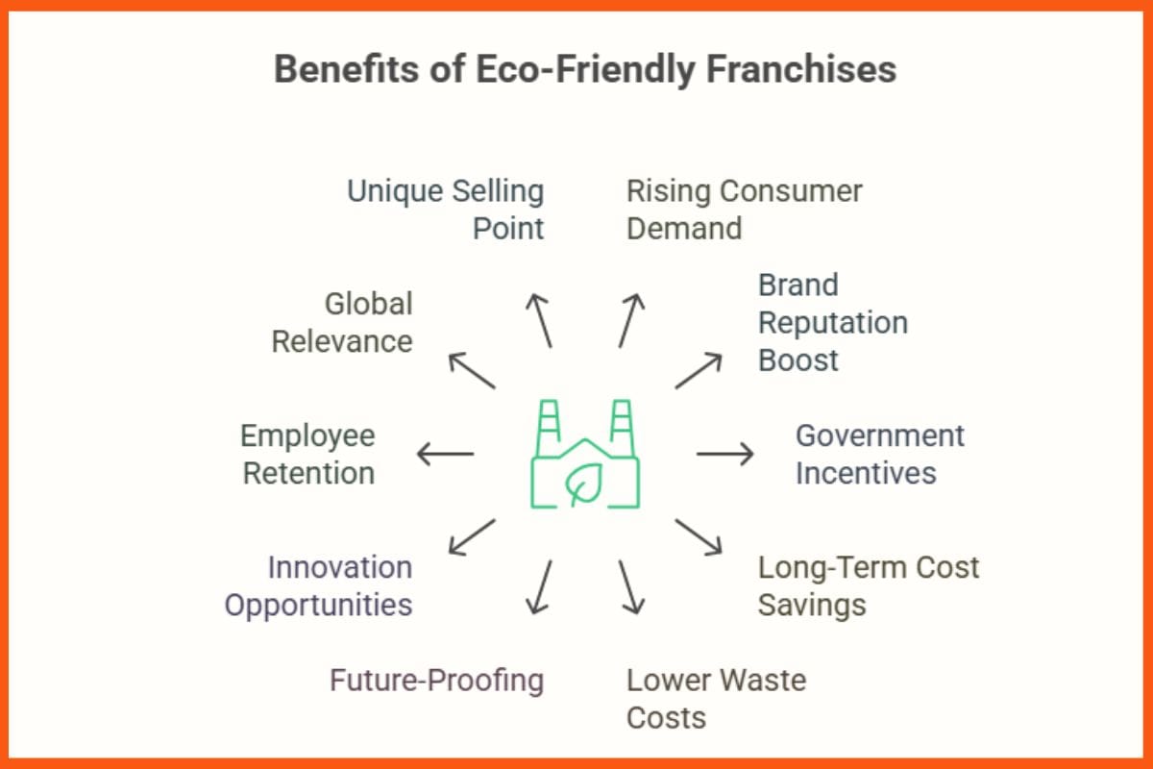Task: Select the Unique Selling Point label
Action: [x=446, y=210]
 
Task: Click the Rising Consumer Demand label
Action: [x=744, y=210]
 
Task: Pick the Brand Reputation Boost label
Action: [x=832, y=323]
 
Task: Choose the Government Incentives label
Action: [x=879, y=454]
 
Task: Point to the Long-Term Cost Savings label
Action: [x=868, y=585]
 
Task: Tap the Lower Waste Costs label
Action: [x=716, y=699]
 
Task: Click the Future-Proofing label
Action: [x=436, y=681]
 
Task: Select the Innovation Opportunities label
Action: [x=319, y=585]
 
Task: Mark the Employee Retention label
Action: [x=307, y=454]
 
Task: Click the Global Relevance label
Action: [x=342, y=323]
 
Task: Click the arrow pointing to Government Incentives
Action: [x=725, y=453]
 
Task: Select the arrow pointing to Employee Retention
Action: [x=445, y=453]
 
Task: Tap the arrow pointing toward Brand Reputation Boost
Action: [x=699, y=370]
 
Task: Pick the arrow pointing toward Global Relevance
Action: [x=472, y=370]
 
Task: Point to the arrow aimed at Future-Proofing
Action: [x=540, y=586]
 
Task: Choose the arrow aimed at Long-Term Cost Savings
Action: [x=699, y=536]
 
